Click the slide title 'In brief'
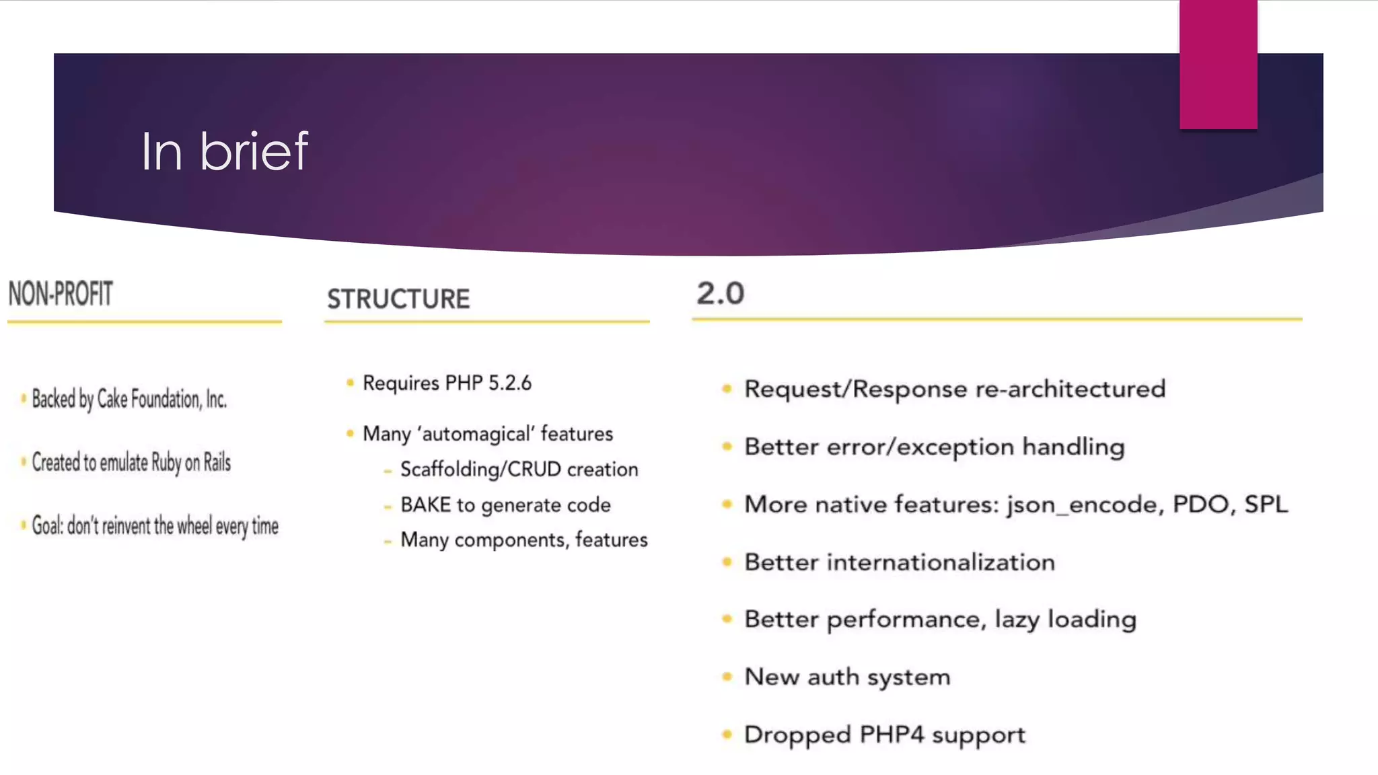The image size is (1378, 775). coord(224,151)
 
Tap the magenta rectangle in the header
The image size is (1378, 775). coord(1218,65)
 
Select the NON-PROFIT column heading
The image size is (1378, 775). coord(61,294)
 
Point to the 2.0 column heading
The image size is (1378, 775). coord(720,293)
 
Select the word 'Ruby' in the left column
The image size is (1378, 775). coord(166,463)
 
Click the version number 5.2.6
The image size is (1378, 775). coord(509,383)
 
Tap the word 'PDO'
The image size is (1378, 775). coord(1200,504)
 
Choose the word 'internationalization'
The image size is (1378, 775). coord(941,562)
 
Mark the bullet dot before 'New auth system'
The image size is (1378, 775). coord(727,677)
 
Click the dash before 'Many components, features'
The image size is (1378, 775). coord(388,541)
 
